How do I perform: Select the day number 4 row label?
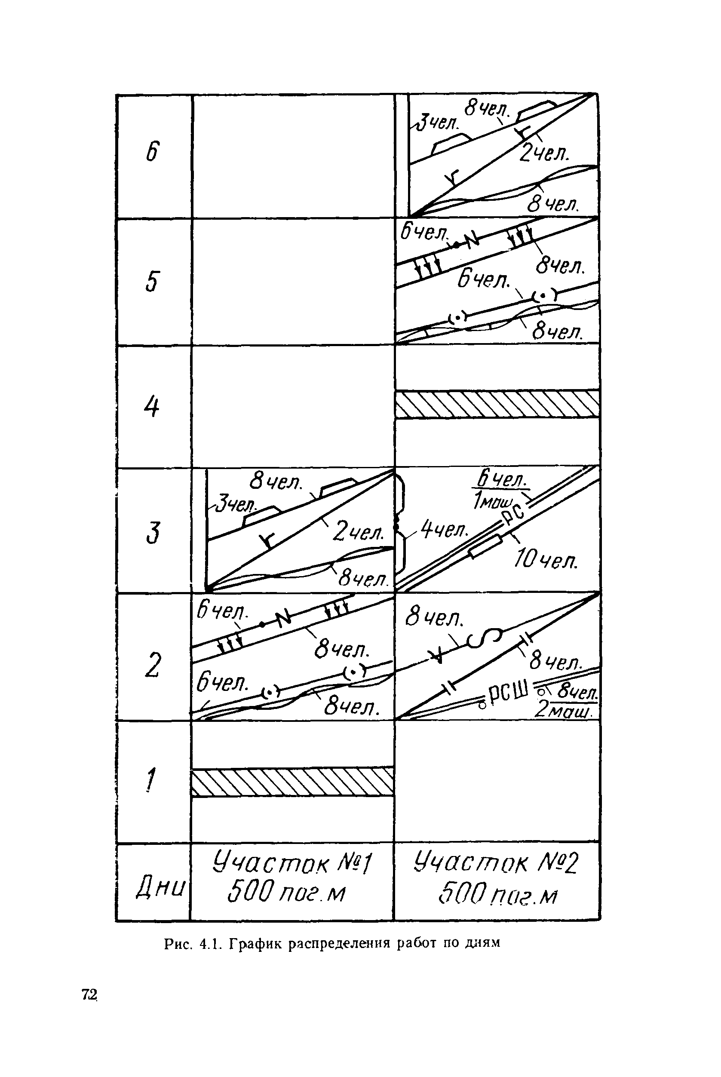click(151, 407)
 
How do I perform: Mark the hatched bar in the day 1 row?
click(292, 781)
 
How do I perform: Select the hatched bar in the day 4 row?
click(497, 404)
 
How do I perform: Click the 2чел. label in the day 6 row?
click(544, 153)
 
